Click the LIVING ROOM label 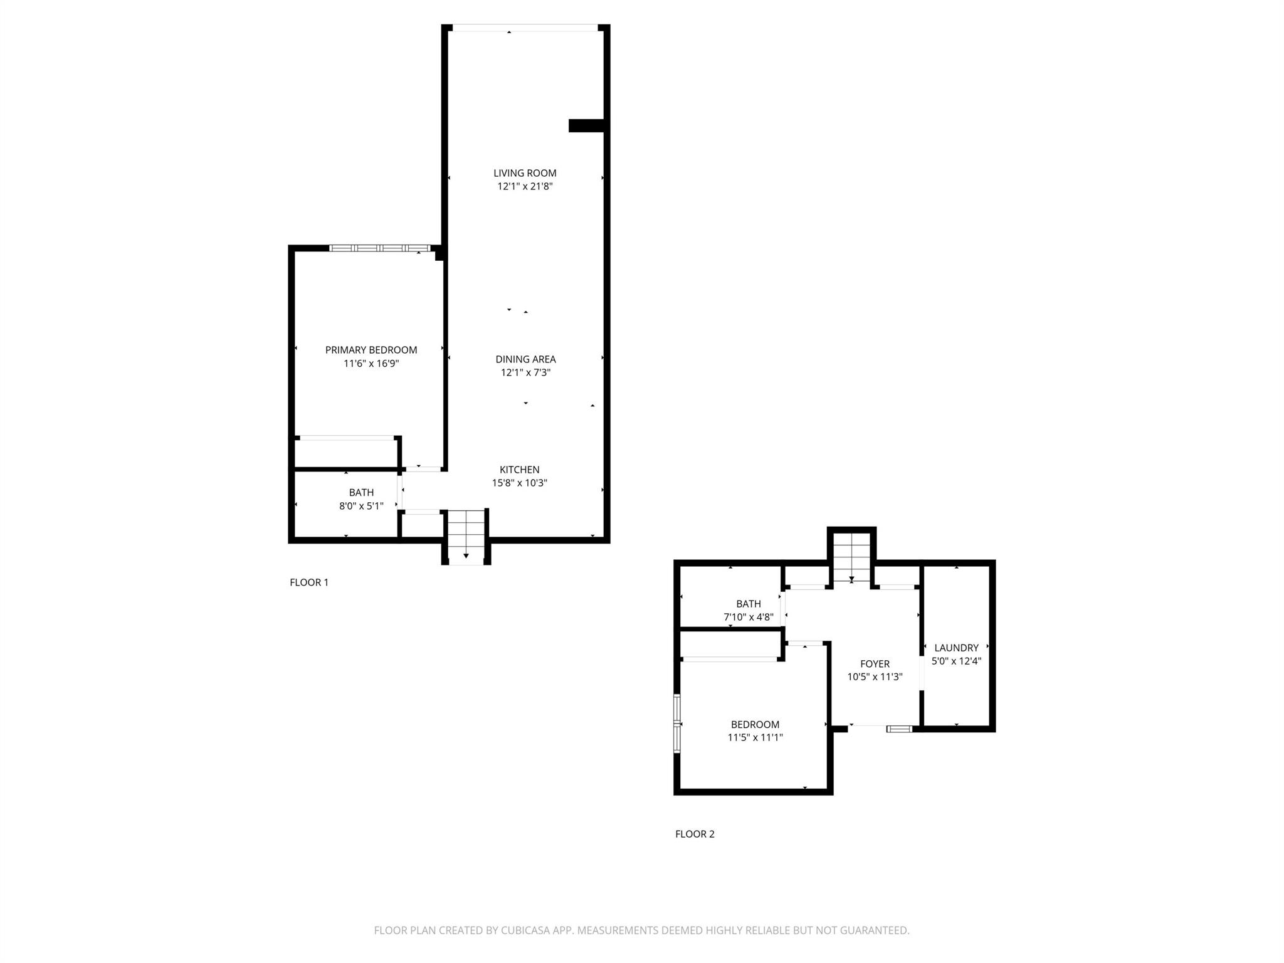525,173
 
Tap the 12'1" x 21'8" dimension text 525,186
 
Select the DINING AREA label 525,359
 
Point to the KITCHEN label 519,470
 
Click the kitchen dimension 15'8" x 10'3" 519,483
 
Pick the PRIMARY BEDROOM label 371,350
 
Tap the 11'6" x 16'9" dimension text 371,363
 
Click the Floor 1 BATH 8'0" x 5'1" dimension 361,506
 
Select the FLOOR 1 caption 308,582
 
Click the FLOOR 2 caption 695,834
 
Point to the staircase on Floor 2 851,557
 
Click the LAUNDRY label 956,648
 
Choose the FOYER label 875,663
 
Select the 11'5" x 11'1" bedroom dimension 755,737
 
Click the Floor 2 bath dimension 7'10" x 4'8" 748,617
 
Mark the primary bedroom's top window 380,248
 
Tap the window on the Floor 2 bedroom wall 677,723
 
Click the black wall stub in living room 586,125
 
